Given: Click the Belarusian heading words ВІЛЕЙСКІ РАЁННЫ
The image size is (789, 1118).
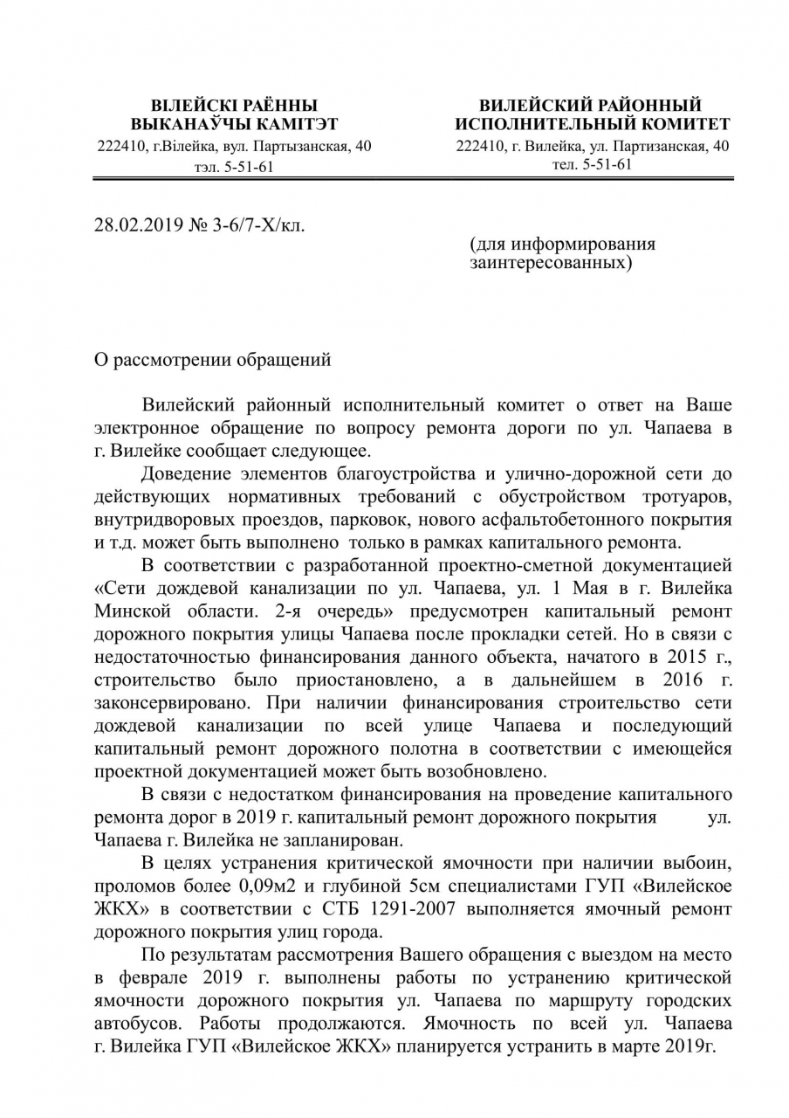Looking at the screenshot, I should pos(234,106).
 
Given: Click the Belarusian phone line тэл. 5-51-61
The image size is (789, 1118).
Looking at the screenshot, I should pos(234,166).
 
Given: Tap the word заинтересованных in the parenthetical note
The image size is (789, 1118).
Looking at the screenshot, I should pos(550,261).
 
